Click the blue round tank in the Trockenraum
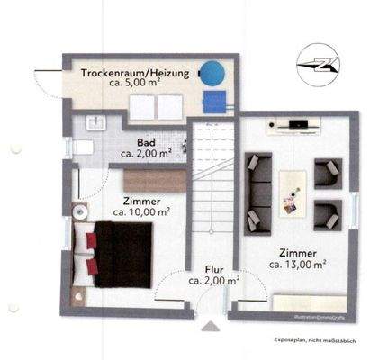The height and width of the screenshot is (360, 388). pyautogui.click(x=212, y=71)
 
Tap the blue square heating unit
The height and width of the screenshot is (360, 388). pyautogui.click(x=214, y=100)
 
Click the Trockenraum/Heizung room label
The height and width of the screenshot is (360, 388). pyautogui.click(x=135, y=74)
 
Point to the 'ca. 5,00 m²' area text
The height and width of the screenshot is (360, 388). pyautogui.click(x=135, y=87)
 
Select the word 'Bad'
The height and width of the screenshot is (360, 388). pyautogui.click(x=145, y=142)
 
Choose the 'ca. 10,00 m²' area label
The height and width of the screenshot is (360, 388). pyautogui.click(x=142, y=213)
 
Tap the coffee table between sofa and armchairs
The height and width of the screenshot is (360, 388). pyautogui.click(x=293, y=190)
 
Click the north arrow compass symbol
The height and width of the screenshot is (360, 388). pyautogui.click(x=321, y=60)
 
